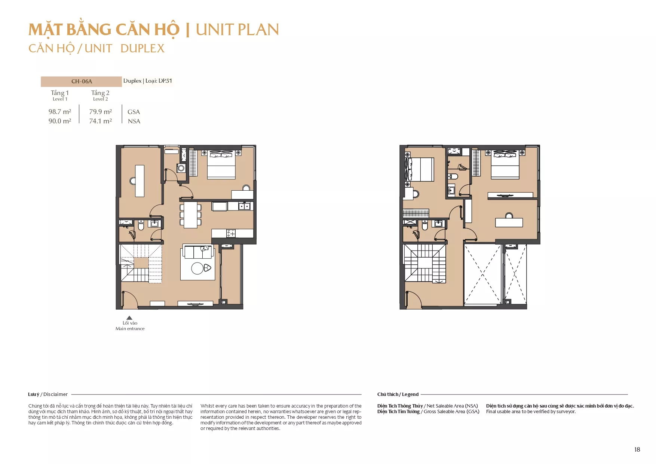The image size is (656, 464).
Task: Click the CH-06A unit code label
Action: point(82,82)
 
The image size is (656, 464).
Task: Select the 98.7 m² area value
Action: point(60,112)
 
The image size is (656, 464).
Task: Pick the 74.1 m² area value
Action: point(101,121)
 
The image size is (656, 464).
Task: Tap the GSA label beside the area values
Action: point(134,112)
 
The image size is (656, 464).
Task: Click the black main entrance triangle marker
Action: point(129,318)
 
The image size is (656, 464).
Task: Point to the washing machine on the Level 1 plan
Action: point(181,168)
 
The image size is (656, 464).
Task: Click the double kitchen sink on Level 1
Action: point(244,206)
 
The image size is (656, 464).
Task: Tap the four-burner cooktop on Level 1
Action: point(231,234)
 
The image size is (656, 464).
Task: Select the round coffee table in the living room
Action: point(197,268)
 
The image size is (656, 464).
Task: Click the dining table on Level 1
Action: point(190,215)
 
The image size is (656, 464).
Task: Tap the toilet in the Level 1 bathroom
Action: point(141,225)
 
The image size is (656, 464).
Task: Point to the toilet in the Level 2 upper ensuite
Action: point(453,176)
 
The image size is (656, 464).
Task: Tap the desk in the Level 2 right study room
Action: point(509,222)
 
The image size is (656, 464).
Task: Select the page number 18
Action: point(637,449)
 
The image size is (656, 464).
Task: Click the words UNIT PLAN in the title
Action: point(237,30)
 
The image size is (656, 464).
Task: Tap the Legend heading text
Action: point(410,394)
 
